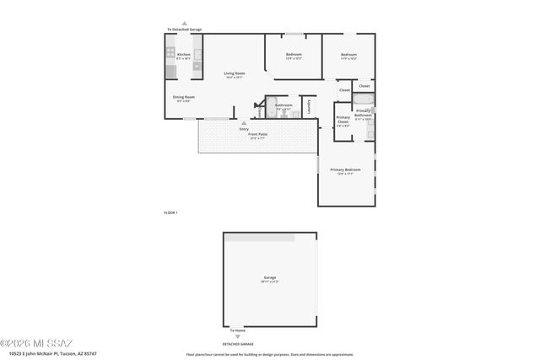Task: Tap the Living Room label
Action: tap(234, 74)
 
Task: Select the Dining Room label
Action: tap(184, 98)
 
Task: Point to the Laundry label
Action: tap(309, 106)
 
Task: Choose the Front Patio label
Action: tap(257, 135)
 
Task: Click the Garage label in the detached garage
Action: tap(270, 278)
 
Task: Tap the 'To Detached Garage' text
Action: tap(184, 30)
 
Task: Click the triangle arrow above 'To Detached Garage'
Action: tap(184, 24)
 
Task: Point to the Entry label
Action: tap(244, 129)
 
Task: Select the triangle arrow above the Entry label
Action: tap(244, 122)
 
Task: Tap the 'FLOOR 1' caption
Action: tap(170, 212)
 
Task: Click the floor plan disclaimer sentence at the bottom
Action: tap(269, 354)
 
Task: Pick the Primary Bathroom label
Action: tap(364, 112)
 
